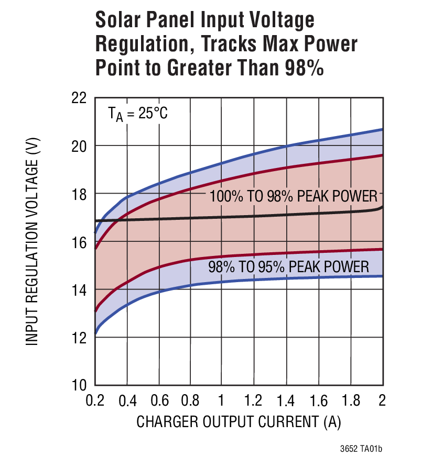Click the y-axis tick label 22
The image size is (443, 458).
79,98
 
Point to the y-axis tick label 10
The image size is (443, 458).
79,385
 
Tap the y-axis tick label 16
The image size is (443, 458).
79,242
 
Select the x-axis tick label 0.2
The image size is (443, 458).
96,400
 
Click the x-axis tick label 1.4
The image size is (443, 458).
286,400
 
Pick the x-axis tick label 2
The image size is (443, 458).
381,400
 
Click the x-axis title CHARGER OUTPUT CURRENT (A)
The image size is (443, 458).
242,422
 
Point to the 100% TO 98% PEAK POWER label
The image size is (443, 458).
294,197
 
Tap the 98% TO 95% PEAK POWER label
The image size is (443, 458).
289,267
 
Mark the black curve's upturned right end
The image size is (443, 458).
381,208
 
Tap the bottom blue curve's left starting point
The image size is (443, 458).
95,333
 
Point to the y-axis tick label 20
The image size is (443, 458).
79,146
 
